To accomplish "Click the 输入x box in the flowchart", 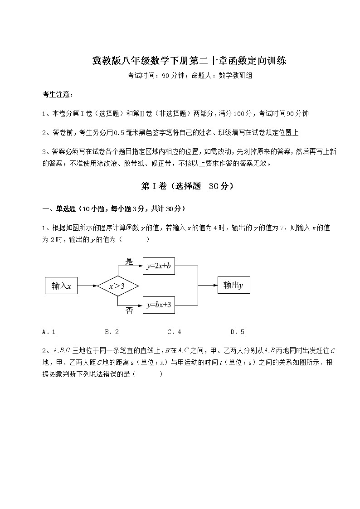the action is click(61, 286).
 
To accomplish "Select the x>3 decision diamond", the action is click(117, 286).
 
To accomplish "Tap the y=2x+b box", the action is click(159, 267).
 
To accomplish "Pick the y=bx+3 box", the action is click(159, 305).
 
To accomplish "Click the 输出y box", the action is click(234, 286).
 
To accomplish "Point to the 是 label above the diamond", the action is click(129, 262).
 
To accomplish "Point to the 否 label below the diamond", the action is click(129, 310).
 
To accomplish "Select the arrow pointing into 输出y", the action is click(208, 286).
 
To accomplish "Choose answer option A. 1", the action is click(49, 332).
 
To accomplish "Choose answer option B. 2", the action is click(112, 332).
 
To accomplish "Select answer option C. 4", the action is click(174, 332).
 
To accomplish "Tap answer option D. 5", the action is click(237, 332).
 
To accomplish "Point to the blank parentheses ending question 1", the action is click(135, 239).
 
